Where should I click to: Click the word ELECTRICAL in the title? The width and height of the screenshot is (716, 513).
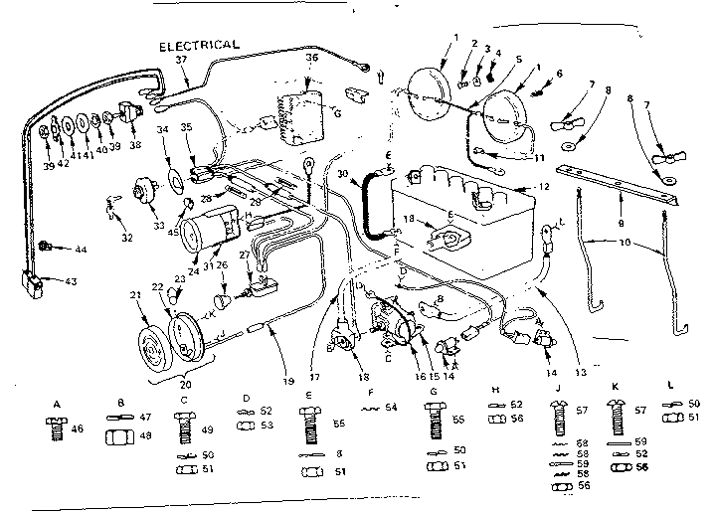pos(197,44)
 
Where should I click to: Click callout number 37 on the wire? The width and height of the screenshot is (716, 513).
pos(181,61)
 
